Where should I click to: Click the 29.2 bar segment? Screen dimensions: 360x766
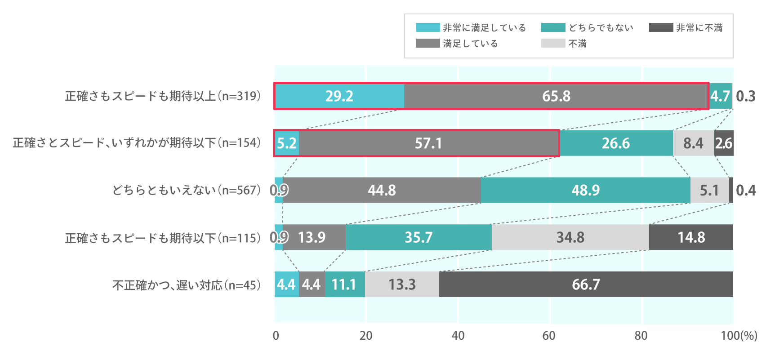click(x=339, y=96)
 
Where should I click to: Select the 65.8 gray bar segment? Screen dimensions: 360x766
click(x=556, y=96)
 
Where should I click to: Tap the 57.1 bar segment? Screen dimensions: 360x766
click(x=429, y=143)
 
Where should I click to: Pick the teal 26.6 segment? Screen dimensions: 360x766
click(x=616, y=143)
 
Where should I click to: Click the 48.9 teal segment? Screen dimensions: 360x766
click(x=585, y=190)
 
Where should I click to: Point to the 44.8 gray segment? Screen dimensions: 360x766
click(x=382, y=190)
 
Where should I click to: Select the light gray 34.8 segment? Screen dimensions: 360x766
click(x=570, y=237)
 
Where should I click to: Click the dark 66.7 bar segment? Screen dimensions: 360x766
click(x=586, y=284)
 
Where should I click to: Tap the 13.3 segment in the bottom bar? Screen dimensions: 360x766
click(x=402, y=284)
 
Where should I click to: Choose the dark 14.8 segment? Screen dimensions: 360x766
click(x=691, y=237)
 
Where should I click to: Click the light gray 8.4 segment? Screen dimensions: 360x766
click(x=693, y=143)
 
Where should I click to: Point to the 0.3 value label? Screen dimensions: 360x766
click(x=746, y=96)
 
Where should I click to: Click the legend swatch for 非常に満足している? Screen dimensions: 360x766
click(x=428, y=28)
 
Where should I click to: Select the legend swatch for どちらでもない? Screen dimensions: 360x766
click(x=553, y=28)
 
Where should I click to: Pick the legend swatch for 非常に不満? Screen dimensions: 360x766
click(x=661, y=28)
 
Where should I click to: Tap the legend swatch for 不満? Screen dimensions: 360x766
click(x=553, y=44)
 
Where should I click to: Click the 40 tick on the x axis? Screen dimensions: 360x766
click(x=458, y=336)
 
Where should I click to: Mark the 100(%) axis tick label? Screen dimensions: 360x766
click(x=739, y=336)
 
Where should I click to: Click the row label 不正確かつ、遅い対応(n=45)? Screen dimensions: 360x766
click(x=187, y=285)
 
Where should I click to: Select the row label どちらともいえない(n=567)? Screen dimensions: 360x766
click(x=187, y=191)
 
